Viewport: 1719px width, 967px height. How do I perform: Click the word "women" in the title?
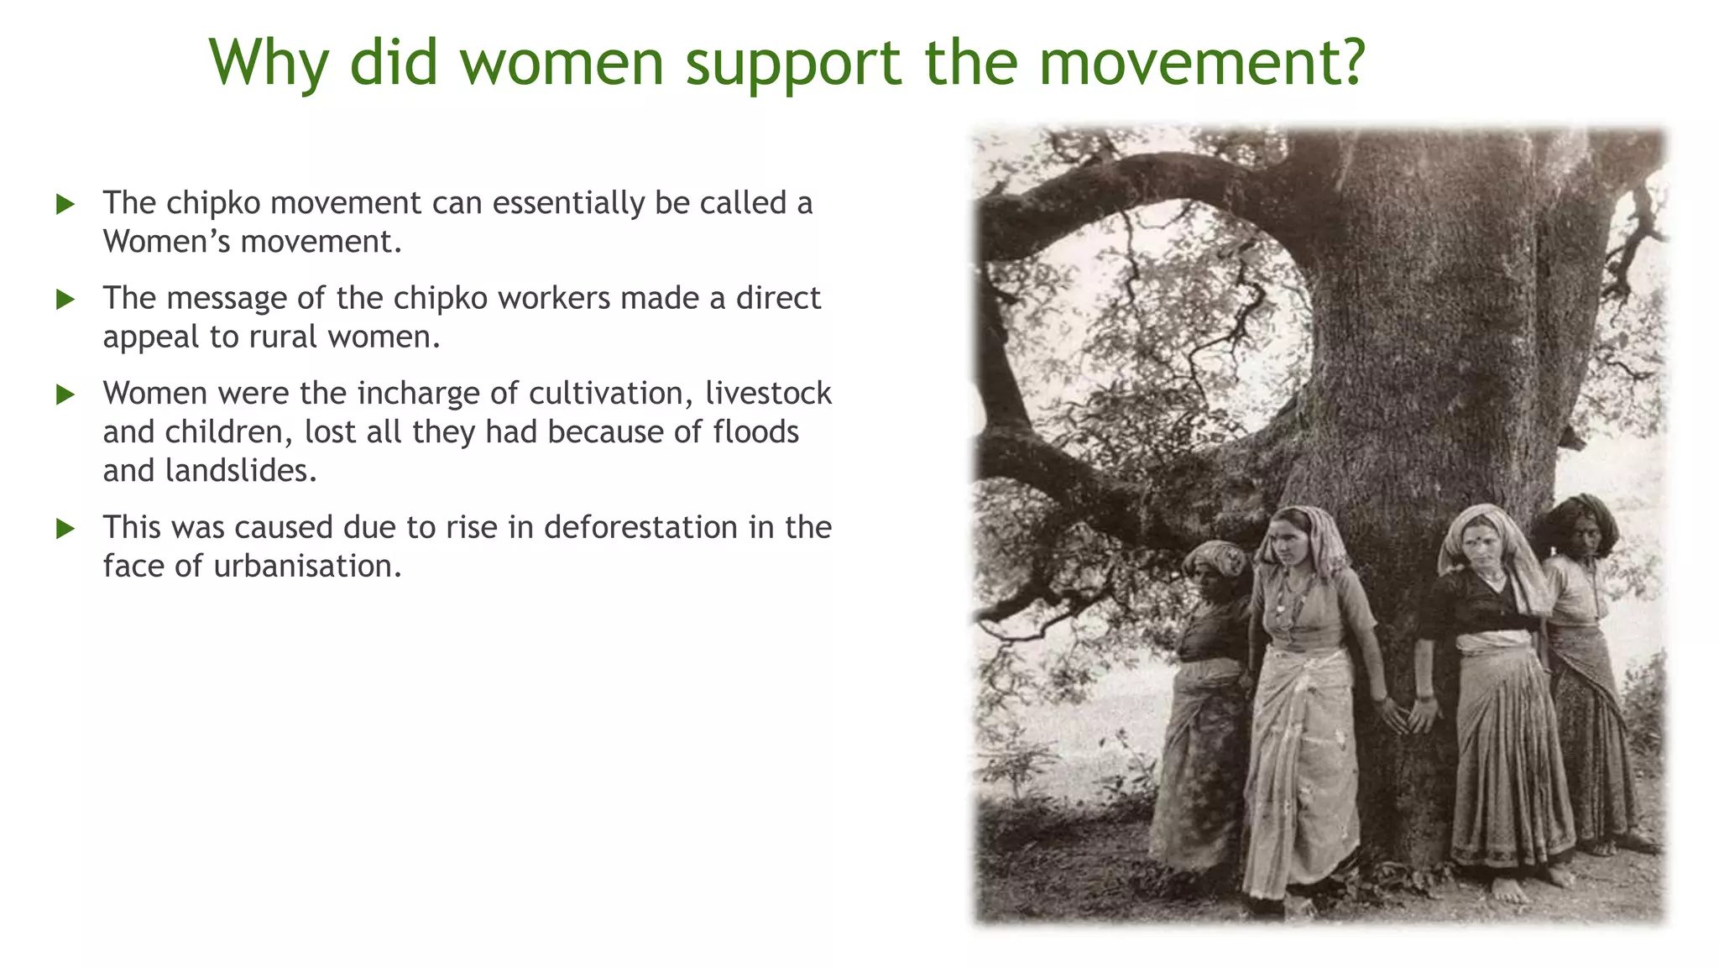pos(562,62)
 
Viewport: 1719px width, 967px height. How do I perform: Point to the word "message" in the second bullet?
pos(227,299)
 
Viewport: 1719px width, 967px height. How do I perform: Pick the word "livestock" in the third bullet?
pos(768,394)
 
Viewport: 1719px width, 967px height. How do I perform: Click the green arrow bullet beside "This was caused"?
pos(65,529)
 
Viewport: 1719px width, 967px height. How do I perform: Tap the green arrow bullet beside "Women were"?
pos(65,395)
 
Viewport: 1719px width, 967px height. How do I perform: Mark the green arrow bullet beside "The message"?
pos(65,300)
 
